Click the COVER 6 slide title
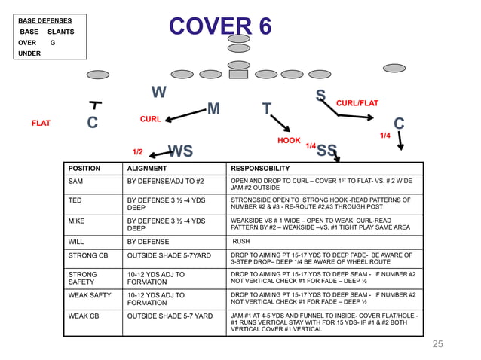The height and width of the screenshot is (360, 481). click(220, 26)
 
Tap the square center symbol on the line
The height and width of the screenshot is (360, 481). click(238, 75)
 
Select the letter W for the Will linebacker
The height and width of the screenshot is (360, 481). click(158, 93)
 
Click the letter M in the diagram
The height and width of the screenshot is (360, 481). click(213, 110)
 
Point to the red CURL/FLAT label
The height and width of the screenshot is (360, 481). click(357, 103)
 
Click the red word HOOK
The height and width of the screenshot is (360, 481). click(289, 141)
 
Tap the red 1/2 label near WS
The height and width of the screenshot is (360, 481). click(138, 152)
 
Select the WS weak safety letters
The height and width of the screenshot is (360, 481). click(180, 151)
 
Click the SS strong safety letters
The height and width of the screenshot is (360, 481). click(326, 151)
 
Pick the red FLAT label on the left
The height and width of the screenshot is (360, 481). click(41, 123)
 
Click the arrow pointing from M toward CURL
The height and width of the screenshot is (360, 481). click(185, 115)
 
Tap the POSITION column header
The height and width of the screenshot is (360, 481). click(84, 169)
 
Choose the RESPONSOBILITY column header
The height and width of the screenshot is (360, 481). click(260, 169)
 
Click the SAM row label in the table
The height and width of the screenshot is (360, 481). click(76, 182)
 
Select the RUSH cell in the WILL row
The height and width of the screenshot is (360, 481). click(241, 242)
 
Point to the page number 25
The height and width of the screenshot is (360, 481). click(438, 344)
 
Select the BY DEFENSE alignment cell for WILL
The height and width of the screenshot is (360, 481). click(149, 242)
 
